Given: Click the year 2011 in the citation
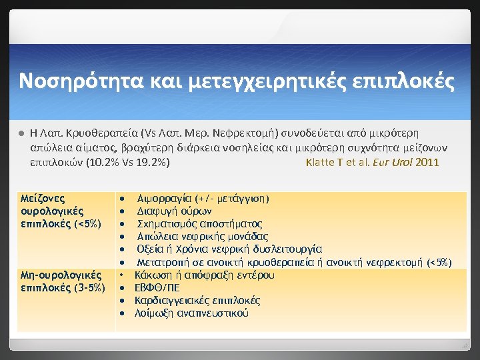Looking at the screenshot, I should tap(427, 162).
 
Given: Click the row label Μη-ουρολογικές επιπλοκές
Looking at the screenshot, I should tap(61, 281).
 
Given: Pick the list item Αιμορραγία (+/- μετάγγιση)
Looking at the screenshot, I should tap(203, 198).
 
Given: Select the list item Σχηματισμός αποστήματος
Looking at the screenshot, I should tap(199, 223).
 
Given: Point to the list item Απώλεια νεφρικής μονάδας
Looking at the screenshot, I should tap(202, 236).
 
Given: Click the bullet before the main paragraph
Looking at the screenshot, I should tap(22, 134).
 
